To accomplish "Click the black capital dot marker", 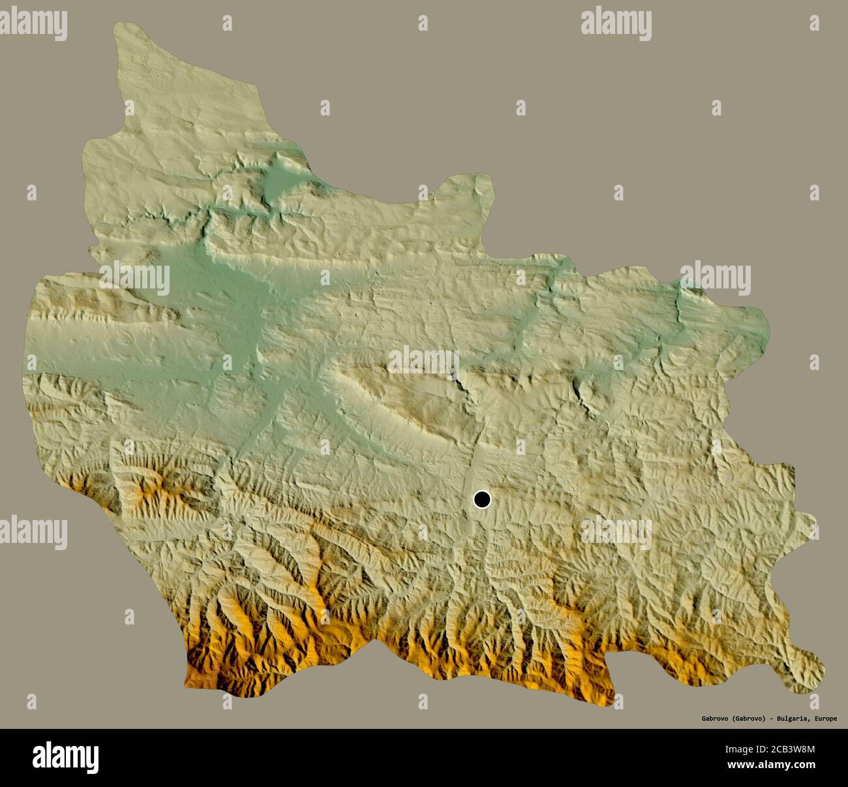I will click(x=481, y=500).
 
